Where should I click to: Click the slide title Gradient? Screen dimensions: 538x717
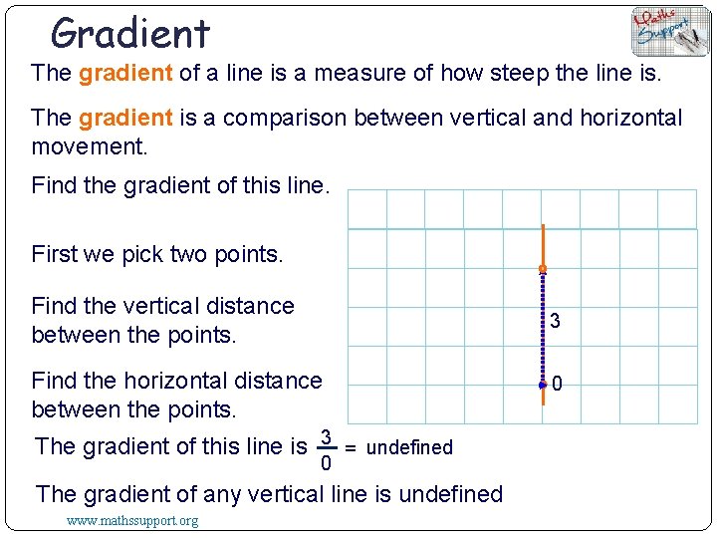[130, 34]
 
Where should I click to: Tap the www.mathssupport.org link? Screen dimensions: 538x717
[131, 521]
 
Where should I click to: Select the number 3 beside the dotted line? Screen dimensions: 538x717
[555, 321]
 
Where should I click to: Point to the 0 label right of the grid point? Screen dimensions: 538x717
[558, 384]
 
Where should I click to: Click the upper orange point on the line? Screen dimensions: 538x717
[543, 270]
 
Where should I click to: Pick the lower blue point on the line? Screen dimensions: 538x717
[543, 384]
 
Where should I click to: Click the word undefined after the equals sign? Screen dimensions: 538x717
[409, 447]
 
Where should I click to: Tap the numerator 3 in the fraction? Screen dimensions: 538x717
[325, 436]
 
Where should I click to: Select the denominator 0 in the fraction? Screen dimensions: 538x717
[325, 463]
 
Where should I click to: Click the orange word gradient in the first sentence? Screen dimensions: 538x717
[125, 73]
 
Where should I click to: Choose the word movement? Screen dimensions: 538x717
[90, 147]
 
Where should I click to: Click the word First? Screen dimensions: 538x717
[54, 254]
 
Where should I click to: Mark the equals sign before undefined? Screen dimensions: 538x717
[351, 447]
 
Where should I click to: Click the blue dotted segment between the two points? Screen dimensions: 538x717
[543, 327]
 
